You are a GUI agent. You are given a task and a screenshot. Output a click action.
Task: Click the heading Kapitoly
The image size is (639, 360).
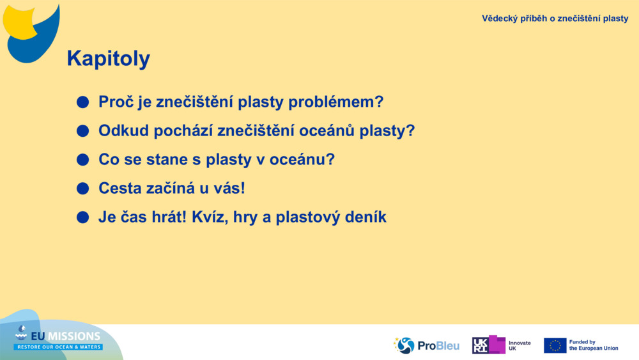tap(108, 59)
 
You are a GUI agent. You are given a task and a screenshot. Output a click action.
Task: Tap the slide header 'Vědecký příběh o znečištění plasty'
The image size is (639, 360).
tap(555, 19)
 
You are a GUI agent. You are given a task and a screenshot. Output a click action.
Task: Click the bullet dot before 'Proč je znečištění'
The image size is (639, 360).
tap(82, 102)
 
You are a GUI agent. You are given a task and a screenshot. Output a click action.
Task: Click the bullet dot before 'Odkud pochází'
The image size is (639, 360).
tap(82, 131)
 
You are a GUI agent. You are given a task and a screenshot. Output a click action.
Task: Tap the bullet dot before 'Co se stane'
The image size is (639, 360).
tap(82, 160)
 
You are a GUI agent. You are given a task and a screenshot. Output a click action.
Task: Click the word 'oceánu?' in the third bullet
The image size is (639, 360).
tap(304, 160)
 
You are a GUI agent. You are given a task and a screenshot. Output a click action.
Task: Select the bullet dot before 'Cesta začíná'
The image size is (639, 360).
tap(82, 189)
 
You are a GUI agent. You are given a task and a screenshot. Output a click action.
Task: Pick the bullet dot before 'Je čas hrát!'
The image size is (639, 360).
tap(82, 217)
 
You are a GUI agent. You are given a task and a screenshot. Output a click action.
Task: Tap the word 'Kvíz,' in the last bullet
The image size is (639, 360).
tap(210, 217)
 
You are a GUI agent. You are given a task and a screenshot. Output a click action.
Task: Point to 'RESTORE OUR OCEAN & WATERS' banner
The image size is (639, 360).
tap(58, 347)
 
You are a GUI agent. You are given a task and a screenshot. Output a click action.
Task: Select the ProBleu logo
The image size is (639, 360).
tap(426, 345)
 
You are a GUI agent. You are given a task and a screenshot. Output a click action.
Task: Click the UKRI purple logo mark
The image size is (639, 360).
tap(489, 345)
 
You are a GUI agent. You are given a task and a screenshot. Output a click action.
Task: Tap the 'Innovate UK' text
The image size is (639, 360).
tap(519, 345)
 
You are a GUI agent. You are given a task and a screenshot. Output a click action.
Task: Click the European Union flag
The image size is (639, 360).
tap(555, 345)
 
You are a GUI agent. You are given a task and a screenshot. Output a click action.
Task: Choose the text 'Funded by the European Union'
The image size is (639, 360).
tap(593, 345)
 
